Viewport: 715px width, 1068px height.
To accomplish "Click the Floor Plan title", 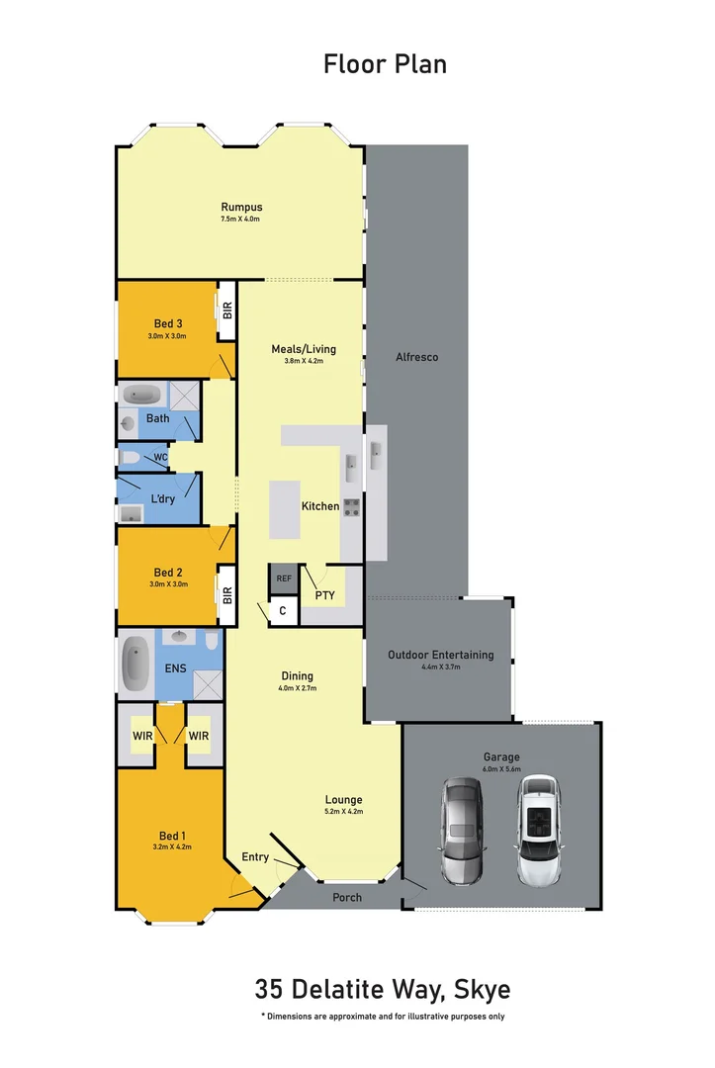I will tap(385, 64).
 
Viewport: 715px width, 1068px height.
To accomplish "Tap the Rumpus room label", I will tap(240, 207).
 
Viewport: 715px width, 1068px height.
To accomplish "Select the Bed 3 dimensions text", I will tap(167, 336).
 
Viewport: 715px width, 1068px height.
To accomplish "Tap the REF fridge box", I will tap(284, 578).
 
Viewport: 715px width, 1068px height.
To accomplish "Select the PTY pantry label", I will tap(324, 596).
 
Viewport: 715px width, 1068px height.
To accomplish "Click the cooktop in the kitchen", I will tap(351, 506).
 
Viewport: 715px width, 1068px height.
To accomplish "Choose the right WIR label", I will tap(199, 736).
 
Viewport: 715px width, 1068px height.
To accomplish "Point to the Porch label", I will tap(347, 898).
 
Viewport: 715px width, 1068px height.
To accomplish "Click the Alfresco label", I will tap(416, 357).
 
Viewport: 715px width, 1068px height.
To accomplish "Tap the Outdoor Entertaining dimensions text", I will tap(440, 667).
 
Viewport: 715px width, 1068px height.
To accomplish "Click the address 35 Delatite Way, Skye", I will tap(383, 989).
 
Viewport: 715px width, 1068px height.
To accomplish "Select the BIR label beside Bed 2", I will tap(227, 595).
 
